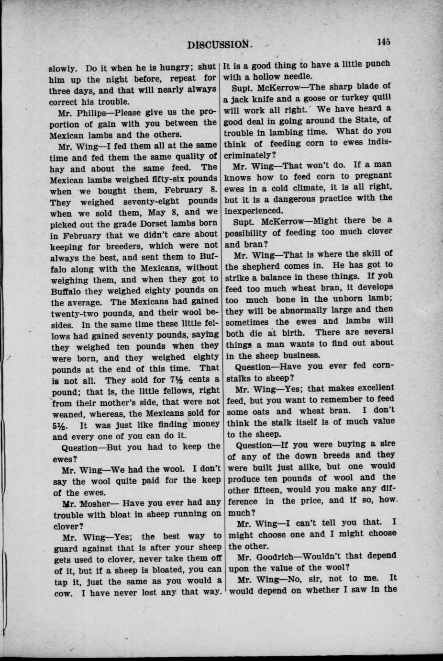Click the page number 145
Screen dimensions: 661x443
pyautogui.click(x=383, y=42)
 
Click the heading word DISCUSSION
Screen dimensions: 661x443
pyautogui.click(x=220, y=45)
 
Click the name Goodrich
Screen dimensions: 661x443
pyautogui.click(x=287, y=556)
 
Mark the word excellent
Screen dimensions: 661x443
pyautogui.click(x=371, y=387)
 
